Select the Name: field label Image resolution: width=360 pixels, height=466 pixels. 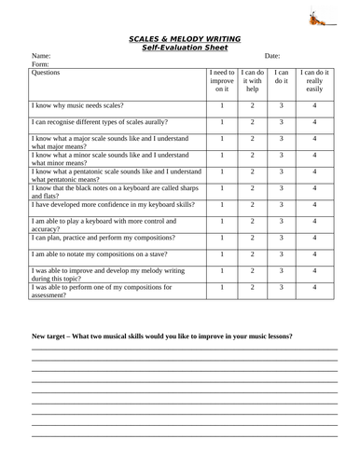click(41, 56)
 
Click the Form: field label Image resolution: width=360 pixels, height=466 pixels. click(41, 64)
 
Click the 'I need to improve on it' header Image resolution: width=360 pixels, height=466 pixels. click(221, 80)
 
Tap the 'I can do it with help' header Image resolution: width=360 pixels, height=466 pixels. click(252, 80)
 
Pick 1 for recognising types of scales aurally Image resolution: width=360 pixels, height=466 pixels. click(221, 122)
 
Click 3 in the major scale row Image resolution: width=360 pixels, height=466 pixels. click(281, 139)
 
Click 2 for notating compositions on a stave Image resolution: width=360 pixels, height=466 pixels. click(252, 254)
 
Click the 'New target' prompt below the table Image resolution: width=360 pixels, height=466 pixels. click(162, 334)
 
